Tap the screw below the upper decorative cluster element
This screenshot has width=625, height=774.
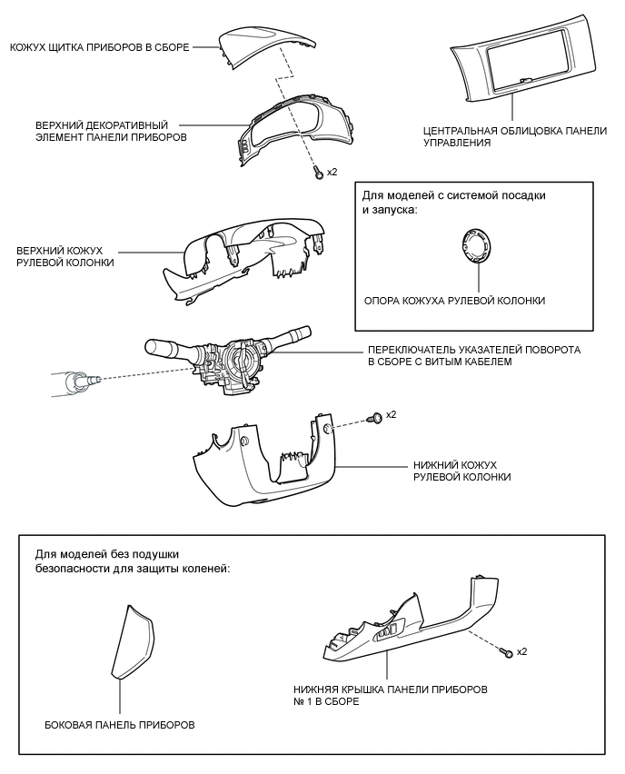(x=318, y=172)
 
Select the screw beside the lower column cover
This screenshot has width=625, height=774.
(x=374, y=417)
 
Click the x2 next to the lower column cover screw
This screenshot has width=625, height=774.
(x=392, y=414)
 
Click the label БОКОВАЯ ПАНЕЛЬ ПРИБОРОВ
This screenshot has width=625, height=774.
(x=119, y=725)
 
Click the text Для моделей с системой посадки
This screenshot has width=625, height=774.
(x=454, y=195)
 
